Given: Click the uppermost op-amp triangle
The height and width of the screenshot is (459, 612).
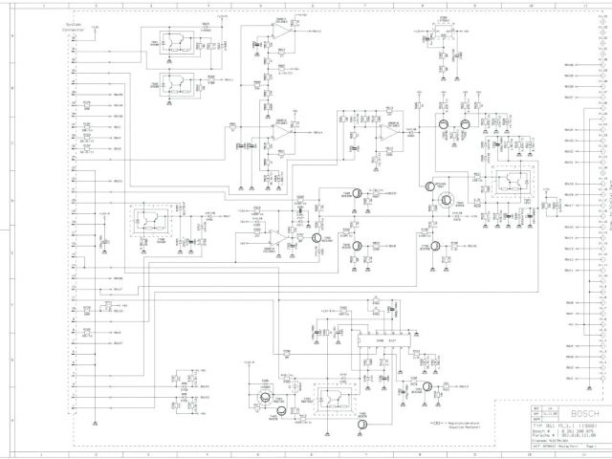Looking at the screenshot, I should click(x=281, y=32).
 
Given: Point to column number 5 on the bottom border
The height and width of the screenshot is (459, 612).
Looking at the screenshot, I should click(x=258, y=452).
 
